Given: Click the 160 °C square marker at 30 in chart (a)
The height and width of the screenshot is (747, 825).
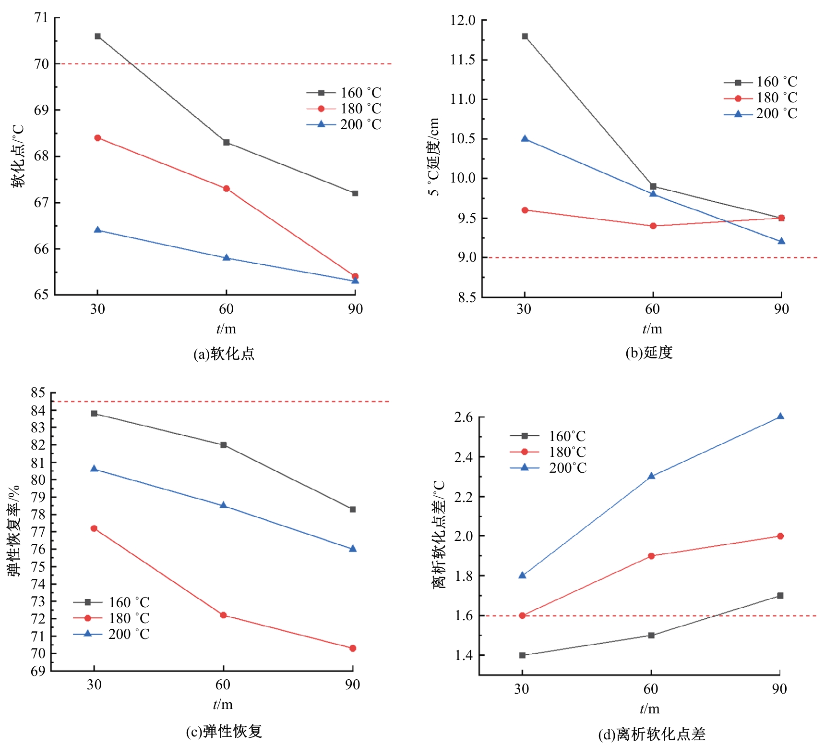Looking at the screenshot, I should click(x=98, y=36).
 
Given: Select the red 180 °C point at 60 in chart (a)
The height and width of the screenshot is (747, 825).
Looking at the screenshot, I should click(x=227, y=188).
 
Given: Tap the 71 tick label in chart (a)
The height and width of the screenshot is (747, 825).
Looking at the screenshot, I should click(x=41, y=18).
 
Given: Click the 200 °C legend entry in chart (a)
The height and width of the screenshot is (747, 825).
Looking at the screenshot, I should click(x=344, y=124).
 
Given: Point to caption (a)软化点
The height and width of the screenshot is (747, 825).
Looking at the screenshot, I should click(x=224, y=354).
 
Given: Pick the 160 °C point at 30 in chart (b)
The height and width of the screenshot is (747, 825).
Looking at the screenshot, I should click(x=525, y=36).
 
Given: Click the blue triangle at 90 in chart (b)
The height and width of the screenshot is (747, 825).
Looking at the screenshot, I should click(x=781, y=241).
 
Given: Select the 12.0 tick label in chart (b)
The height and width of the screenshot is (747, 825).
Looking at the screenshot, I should click(x=463, y=20).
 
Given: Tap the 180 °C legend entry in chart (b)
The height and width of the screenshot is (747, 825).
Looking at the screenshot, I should click(x=761, y=98).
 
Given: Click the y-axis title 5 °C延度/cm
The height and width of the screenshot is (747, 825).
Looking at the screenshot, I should click(x=434, y=157).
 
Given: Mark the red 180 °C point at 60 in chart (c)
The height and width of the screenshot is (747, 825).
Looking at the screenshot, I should click(x=223, y=615).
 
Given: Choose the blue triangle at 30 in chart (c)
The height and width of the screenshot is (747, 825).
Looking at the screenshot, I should click(x=94, y=468).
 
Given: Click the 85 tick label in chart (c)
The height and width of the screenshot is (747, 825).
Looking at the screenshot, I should click(x=38, y=393).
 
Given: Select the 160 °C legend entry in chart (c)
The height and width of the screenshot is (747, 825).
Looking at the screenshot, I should click(x=111, y=602).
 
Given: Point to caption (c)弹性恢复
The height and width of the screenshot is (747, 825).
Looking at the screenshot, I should click(x=224, y=731).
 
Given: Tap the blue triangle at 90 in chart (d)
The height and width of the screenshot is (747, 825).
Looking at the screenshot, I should click(x=780, y=416).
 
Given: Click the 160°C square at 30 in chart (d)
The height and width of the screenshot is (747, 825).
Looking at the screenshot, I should click(x=522, y=655).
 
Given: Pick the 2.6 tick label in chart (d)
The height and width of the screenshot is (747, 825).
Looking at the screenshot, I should click(x=463, y=417).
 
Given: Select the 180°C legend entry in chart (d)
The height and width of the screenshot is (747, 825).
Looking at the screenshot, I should click(x=548, y=452).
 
